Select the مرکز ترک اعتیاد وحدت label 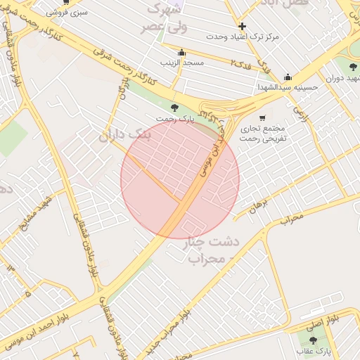243,35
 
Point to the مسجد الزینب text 181,63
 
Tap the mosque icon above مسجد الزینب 181,53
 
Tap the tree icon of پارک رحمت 174,108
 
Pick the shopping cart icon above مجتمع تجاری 262,117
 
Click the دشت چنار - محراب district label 212,250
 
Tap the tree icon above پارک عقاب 314,340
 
